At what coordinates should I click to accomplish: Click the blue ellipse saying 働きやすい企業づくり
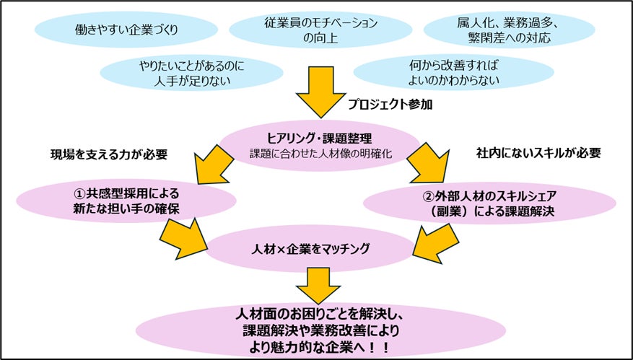point(126,30)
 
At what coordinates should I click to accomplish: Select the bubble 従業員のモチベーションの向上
point(320,30)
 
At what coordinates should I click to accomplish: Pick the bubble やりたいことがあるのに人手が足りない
point(191,72)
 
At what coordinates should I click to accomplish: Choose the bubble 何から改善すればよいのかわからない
point(453,72)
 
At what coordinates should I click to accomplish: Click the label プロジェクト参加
point(390,105)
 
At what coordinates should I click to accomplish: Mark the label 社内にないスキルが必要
point(538,153)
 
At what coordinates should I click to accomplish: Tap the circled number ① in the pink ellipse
point(80,194)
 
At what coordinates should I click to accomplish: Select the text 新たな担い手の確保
point(126,209)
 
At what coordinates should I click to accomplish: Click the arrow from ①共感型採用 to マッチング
point(184,238)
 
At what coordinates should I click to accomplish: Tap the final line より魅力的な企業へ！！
point(320,347)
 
